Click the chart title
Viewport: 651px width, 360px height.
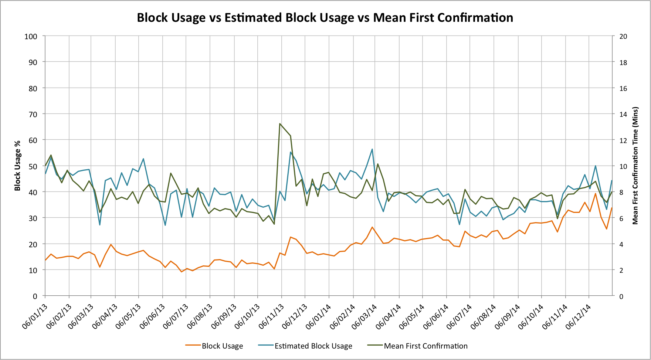[x=325, y=18]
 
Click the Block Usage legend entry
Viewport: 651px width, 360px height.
[x=222, y=346]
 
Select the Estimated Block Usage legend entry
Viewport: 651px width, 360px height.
[x=313, y=346]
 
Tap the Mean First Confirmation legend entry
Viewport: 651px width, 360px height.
[x=425, y=346]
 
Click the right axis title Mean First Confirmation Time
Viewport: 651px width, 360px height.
[x=635, y=166]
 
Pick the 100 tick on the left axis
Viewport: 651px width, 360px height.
[x=31, y=36]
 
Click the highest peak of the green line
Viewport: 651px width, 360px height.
[x=280, y=124]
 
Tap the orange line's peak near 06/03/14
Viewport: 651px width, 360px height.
[x=372, y=227]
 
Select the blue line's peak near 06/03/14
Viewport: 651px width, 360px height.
[x=372, y=149]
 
